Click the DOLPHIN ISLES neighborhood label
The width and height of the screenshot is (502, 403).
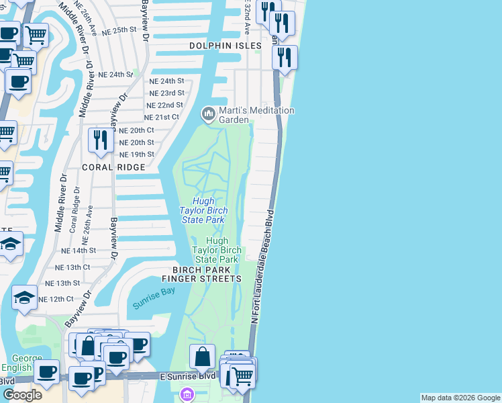(x=225, y=46)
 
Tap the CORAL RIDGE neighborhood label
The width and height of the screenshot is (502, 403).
(x=114, y=167)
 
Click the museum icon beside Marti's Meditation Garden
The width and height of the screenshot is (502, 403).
(x=209, y=115)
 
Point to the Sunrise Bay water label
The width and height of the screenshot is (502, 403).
(x=154, y=303)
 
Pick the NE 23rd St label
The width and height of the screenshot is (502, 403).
(x=166, y=93)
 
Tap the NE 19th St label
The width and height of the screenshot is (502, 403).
(x=136, y=154)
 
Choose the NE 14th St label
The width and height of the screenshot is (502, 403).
(x=79, y=250)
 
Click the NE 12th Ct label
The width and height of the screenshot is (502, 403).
(x=56, y=299)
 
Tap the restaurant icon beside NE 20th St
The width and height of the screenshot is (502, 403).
(x=100, y=140)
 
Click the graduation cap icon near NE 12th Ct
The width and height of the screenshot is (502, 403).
(x=24, y=298)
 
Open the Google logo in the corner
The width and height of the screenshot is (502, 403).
(x=22, y=395)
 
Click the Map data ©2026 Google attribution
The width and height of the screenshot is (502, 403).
(x=460, y=398)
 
